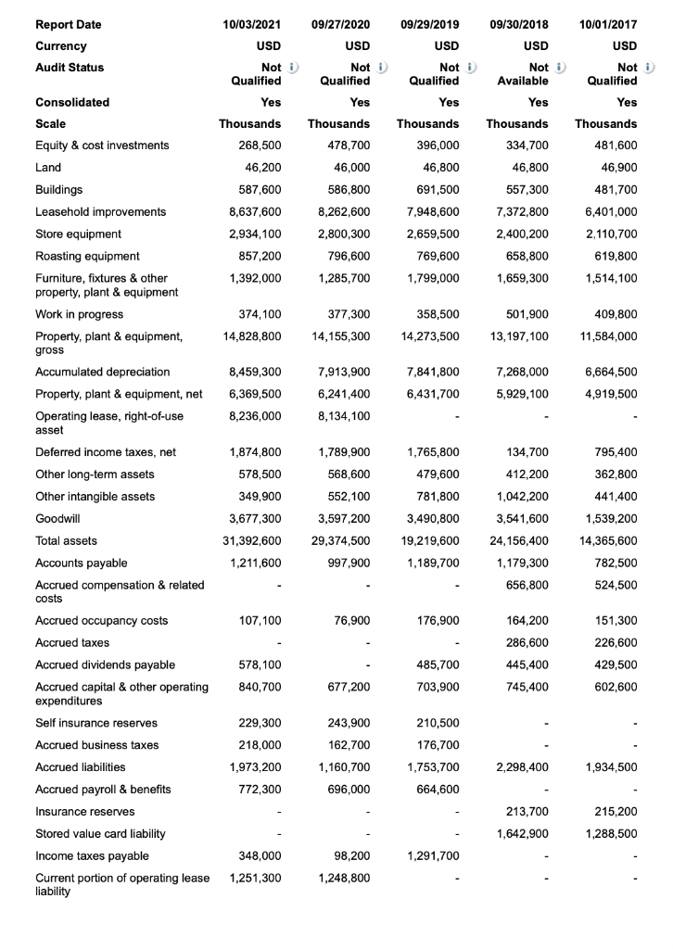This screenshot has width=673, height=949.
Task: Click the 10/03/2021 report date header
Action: click(249, 24)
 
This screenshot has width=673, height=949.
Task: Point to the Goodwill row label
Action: click(57, 518)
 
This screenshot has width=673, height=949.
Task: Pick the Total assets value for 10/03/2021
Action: click(250, 540)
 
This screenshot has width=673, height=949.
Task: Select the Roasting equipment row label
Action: click(88, 256)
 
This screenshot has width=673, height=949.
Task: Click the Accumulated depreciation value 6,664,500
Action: click(607, 372)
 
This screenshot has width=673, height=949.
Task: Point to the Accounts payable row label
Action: click(82, 563)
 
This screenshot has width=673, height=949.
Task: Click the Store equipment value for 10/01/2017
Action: click(607, 234)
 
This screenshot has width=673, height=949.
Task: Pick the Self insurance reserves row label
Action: click(96, 723)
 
